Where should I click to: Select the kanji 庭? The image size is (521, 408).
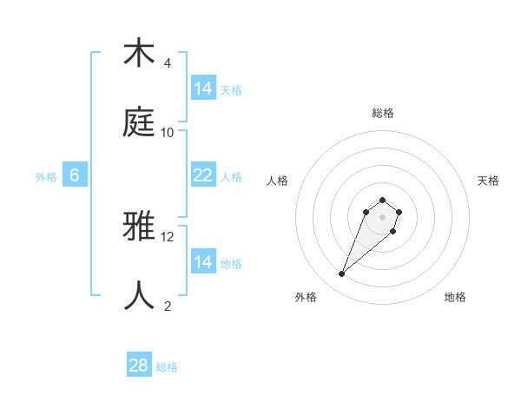139,122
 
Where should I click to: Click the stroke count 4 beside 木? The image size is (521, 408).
168,63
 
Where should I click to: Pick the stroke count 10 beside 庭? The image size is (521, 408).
168,133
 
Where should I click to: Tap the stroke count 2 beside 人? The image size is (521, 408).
168,306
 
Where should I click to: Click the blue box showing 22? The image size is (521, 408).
202,175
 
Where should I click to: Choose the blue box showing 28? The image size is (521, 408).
139,365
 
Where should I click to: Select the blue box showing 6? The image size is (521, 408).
75,175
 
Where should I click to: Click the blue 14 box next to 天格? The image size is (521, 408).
202,89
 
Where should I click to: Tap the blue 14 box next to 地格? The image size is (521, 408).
202,262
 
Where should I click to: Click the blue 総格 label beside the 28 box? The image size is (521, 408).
167,367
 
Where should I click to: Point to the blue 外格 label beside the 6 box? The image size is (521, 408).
46,177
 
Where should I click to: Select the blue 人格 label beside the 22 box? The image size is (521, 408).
231,177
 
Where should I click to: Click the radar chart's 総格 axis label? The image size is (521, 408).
383,113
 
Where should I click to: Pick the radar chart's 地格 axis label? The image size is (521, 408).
455,298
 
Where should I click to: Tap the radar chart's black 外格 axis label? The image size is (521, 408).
306,298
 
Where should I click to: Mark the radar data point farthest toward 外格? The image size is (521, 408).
342,274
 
